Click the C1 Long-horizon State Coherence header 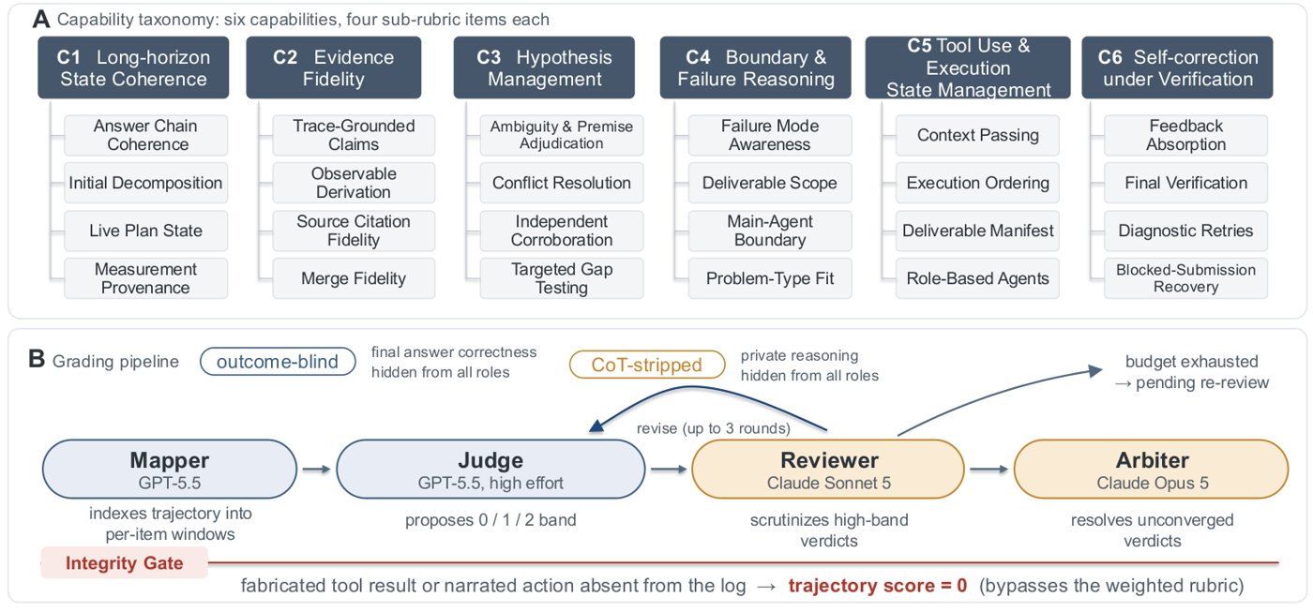click(x=133, y=67)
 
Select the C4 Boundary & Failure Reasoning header click(x=755, y=67)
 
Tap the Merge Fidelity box click(x=354, y=278)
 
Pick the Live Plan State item click(x=145, y=231)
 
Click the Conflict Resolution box click(x=561, y=183)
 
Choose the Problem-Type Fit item click(x=770, y=278)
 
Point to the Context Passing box click(x=977, y=135)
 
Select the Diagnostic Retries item click(x=1185, y=231)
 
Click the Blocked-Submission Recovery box click(x=1185, y=278)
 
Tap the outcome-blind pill click(x=278, y=362)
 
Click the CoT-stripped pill click(x=646, y=365)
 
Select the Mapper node click(x=170, y=470)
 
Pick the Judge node click(x=490, y=470)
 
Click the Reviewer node click(x=828, y=470)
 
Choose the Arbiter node click(x=1152, y=470)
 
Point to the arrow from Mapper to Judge click(x=317, y=470)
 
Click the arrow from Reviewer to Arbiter click(x=989, y=470)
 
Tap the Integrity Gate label click(x=124, y=563)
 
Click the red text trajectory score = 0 click(x=878, y=585)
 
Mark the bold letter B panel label click(x=37, y=359)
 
